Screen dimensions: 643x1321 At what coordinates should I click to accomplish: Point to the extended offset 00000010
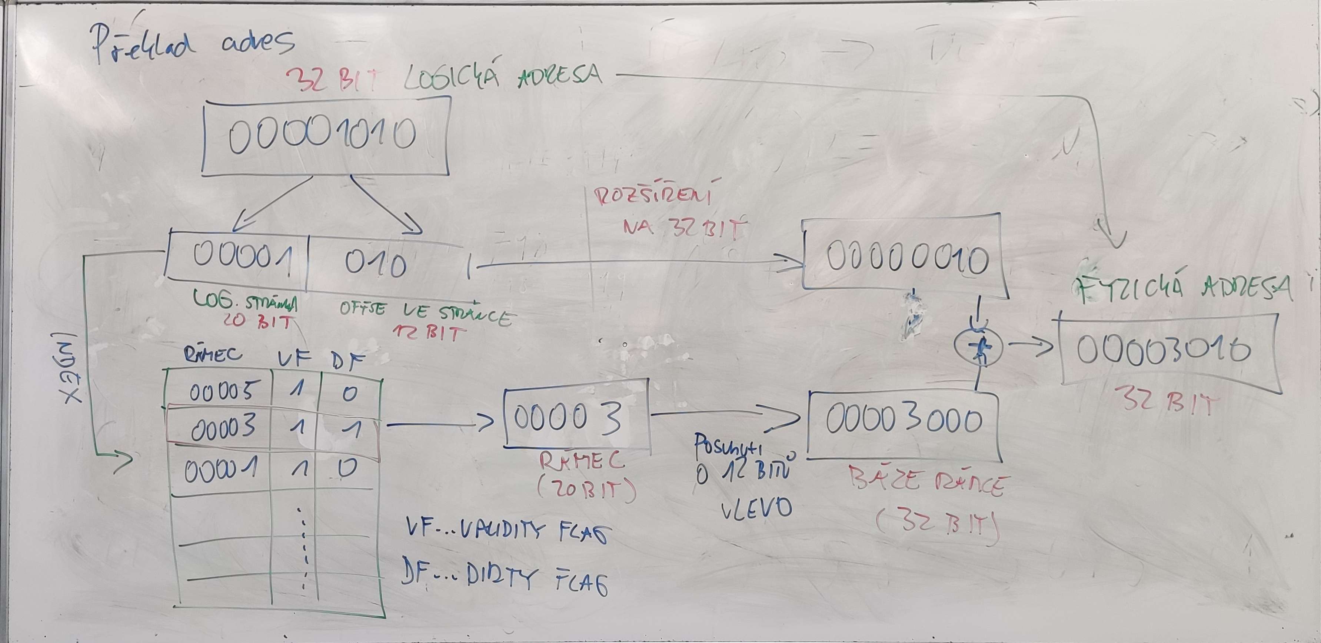click(906, 260)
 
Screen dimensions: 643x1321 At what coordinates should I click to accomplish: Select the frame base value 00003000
click(904, 422)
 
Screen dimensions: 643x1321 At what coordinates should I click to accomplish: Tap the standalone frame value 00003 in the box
click(568, 418)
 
